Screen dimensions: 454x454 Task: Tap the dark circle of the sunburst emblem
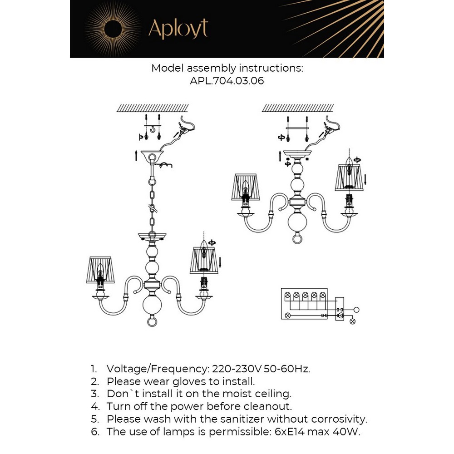point(113,29)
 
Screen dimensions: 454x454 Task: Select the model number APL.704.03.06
point(227,80)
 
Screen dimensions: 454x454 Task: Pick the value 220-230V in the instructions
point(237,369)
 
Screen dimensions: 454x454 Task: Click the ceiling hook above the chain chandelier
point(152,128)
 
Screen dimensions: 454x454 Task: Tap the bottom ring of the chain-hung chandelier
point(152,322)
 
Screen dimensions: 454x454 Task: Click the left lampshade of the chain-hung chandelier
point(100,270)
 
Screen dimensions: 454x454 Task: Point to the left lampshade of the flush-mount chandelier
point(246,187)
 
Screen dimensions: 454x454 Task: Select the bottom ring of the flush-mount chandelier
point(297,239)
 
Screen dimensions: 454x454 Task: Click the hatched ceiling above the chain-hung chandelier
point(153,108)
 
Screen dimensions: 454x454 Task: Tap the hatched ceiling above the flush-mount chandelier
point(298,108)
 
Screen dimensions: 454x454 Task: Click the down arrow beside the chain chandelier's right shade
point(220,262)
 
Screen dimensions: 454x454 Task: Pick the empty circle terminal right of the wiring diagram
point(356,310)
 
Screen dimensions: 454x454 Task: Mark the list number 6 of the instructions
point(95,432)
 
